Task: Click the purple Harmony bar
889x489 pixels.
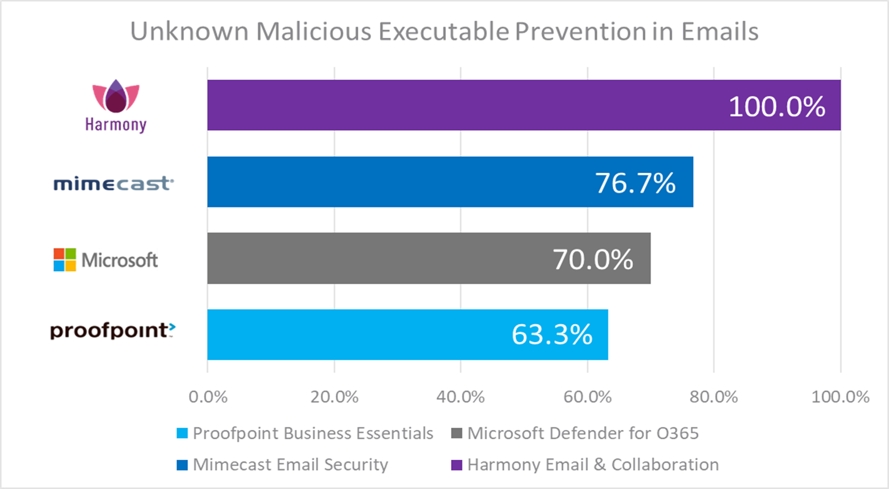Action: tap(459, 105)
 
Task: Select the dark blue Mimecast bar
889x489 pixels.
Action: tap(401, 182)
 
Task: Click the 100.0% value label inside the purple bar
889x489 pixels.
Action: tap(777, 107)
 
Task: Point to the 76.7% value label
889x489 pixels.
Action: tap(635, 183)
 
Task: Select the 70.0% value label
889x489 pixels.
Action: tap(593, 259)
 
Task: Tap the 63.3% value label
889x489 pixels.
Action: tap(551, 335)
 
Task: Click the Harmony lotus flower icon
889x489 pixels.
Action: tap(116, 96)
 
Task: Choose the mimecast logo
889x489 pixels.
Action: tap(113, 183)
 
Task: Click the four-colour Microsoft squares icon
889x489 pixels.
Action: tap(65, 260)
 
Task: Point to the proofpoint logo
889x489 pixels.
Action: tap(112, 331)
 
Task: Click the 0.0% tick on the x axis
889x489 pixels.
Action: tap(208, 397)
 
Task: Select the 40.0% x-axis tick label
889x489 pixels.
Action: tap(461, 397)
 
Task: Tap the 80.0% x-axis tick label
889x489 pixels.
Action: tap(714, 397)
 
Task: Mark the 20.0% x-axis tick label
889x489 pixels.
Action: tap(334, 397)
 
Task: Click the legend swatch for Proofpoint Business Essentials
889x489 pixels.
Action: tap(182, 433)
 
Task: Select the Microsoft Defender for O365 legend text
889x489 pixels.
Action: tap(583, 433)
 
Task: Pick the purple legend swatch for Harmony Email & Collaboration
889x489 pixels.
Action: tap(456, 465)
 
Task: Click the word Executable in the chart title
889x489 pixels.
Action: tap(443, 32)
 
